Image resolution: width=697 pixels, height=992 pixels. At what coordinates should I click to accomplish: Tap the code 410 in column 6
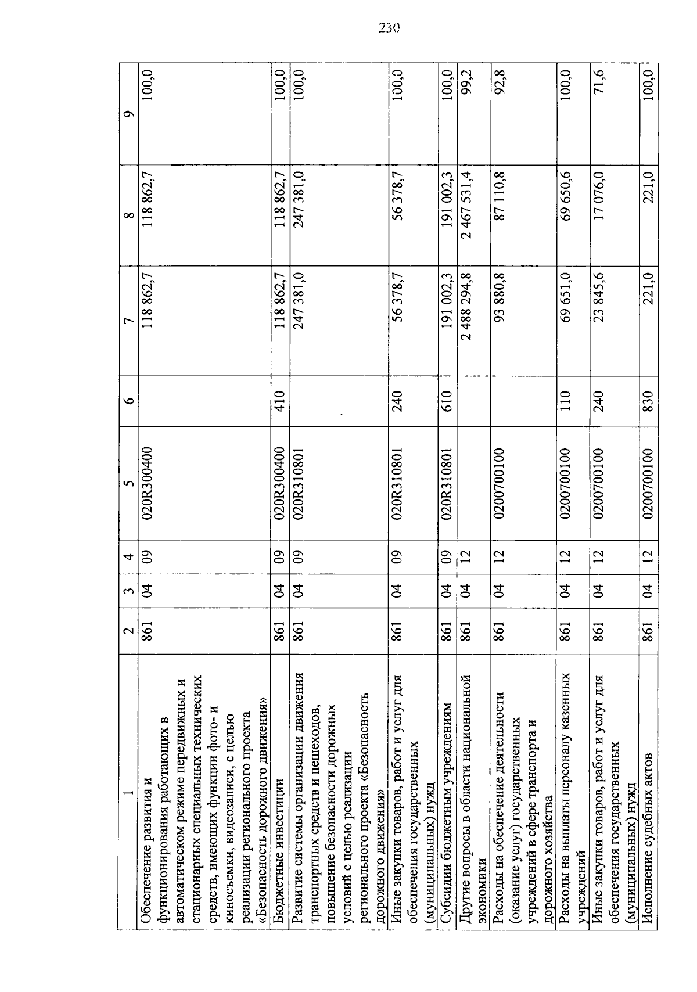coord(280,401)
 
